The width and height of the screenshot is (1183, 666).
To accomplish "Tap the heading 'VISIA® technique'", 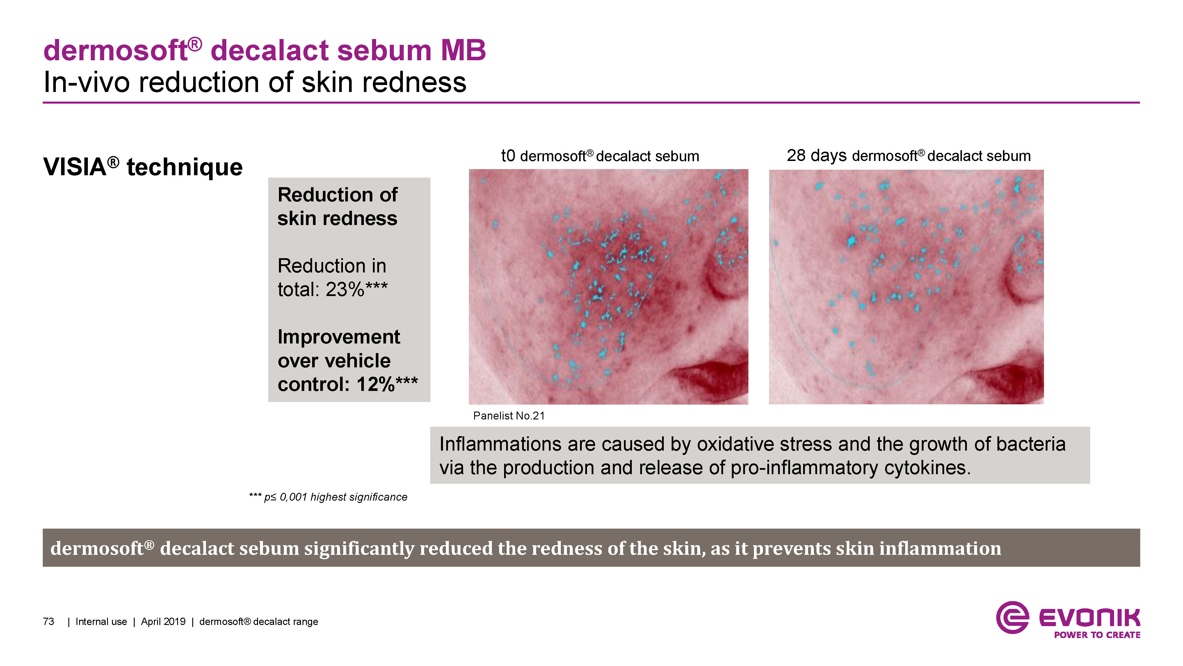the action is click(143, 166).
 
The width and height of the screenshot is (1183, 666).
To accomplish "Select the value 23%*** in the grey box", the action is click(356, 290).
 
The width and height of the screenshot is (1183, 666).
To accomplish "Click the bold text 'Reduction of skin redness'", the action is click(337, 206).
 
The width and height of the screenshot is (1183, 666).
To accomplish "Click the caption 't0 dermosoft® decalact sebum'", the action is click(600, 156).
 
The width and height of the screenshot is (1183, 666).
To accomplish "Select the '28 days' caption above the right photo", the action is click(816, 156).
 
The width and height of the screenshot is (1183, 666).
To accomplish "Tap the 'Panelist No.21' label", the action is click(509, 416).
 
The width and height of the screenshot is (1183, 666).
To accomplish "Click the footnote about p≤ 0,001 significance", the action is click(328, 497).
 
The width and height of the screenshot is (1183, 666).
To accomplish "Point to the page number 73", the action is click(48, 621).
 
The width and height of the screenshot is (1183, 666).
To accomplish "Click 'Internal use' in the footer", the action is click(101, 621).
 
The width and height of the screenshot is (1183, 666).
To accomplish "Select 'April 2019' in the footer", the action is click(163, 621).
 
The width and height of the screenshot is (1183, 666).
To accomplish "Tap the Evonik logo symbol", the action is click(1012, 617).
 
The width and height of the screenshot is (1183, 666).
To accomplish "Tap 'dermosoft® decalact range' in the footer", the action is click(259, 621).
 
